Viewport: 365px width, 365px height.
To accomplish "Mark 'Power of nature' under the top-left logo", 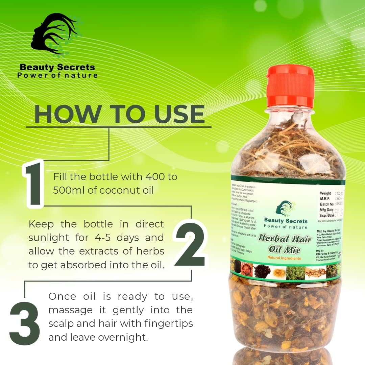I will tap(57, 75).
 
